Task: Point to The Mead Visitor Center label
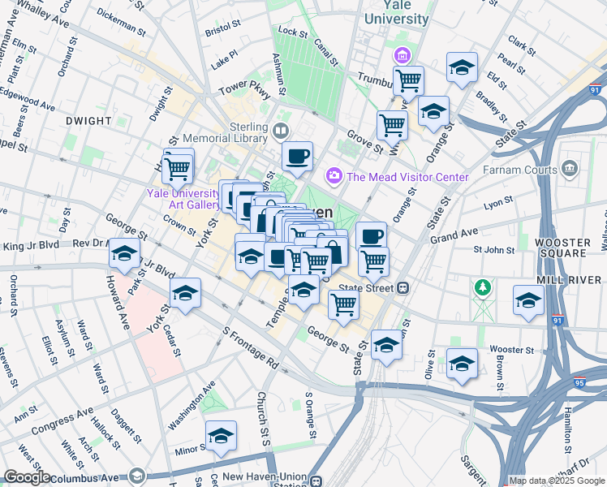click(x=407, y=177)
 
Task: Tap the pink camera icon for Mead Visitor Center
click(x=333, y=176)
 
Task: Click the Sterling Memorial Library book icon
click(x=281, y=130)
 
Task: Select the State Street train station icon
click(x=402, y=287)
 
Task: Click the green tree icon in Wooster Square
click(x=483, y=287)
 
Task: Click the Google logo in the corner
click(x=26, y=477)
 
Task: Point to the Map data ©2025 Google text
click(x=557, y=481)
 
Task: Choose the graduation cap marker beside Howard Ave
click(x=124, y=254)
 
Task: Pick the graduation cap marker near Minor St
click(x=221, y=436)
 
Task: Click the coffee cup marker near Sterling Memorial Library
click(x=297, y=155)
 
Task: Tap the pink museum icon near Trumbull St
click(x=401, y=56)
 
